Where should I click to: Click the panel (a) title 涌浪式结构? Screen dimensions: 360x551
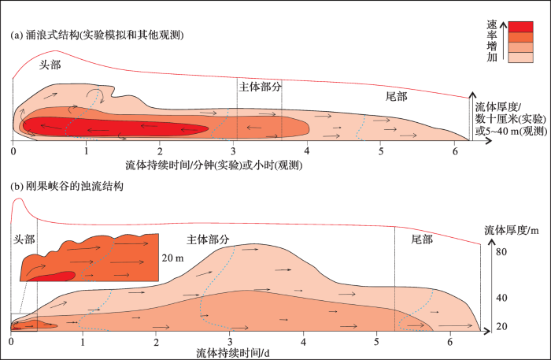(98, 35)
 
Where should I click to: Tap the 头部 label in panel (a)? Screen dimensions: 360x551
(51, 66)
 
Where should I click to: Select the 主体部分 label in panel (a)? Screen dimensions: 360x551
(259, 84)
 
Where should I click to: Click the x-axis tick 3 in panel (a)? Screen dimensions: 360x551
(234, 150)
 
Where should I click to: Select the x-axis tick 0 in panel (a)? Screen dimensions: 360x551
(13, 150)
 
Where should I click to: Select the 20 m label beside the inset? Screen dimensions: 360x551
(172, 258)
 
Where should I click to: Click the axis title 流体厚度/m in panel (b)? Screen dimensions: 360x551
(509, 230)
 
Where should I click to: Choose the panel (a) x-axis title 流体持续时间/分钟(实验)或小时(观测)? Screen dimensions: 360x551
(214, 165)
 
